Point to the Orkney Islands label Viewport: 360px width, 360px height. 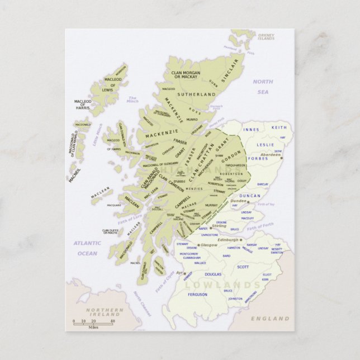pos(266,37)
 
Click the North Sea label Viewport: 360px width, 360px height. pos(263,87)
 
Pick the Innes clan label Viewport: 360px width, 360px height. pos(252,130)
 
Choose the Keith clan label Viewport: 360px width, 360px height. pos(278,127)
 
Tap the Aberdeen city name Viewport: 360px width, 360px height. pos(271,154)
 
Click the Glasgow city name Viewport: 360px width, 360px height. pos(209,245)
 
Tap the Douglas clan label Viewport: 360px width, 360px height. pos(213,274)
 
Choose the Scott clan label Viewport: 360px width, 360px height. pos(243,267)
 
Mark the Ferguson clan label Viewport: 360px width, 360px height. pos(197,294)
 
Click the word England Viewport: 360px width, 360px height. pos(270,319)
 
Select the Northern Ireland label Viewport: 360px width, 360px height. pos(105,312)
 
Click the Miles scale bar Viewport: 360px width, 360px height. pos(93,324)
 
